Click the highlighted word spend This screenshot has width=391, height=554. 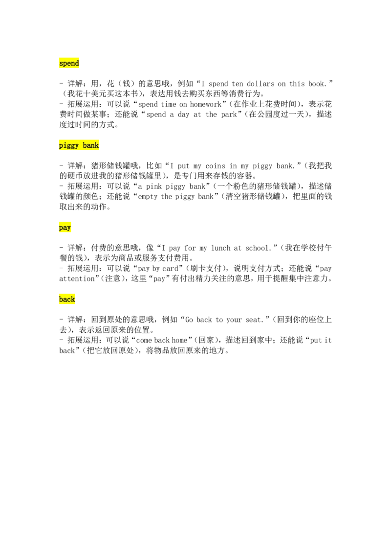pyautogui.click(x=69, y=63)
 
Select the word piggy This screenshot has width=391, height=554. pyautogui.click(x=69, y=145)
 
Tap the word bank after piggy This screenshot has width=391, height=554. pyautogui.click(x=91, y=145)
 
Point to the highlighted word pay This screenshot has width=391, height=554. pyautogui.click(x=65, y=228)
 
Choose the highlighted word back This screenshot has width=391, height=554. pyautogui.click(x=67, y=299)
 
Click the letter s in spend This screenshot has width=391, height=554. pyautogui.click(x=61, y=64)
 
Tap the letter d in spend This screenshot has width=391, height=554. pyautogui.click(x=77, y=63)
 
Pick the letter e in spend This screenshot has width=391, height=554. pyautogui.click(x=69, y=64)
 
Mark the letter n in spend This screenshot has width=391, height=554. pyautogui.click(x=73, y=64)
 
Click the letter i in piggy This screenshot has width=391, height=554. pyautogui.click(x=65, y=145)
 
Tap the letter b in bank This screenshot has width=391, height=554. pyautogui.click(x=85, y=145)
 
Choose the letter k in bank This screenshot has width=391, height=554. pyautogui.click(x=97, y=145)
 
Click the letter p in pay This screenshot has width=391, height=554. pyautogui.click(x=61, y=228)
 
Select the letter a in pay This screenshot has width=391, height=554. pyautogui.click(x=65, y=228)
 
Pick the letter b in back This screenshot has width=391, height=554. pyautogui.click(x=61, y=299)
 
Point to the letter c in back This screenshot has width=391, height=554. pyautogui.click(x=69, y=300)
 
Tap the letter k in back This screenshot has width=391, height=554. pyautogui.click(x=73, y=299)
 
